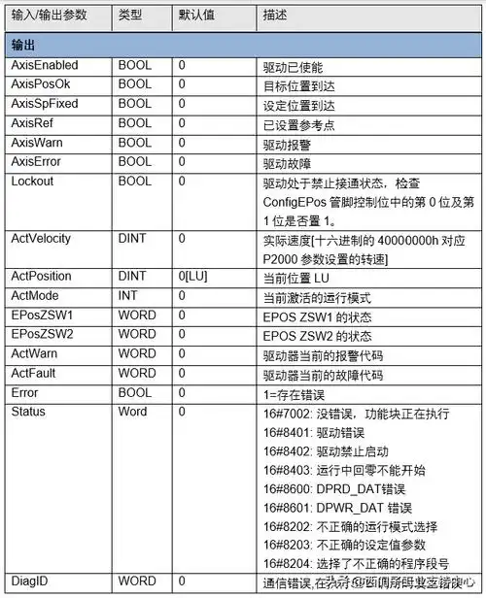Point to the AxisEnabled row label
pyautogui.click(x=44, y=66)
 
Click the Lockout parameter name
pyautogui.click(x=32, y=181)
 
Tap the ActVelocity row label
pyautogui.click(x=41, y=238)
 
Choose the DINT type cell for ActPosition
pyautogui.click(x=133, y=276)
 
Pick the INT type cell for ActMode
pyautogui.click(x=128, y=295)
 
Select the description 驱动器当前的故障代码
pyautogui.click(x=323, y=374)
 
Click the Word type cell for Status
pyautogui.click(x=132, y=412)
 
